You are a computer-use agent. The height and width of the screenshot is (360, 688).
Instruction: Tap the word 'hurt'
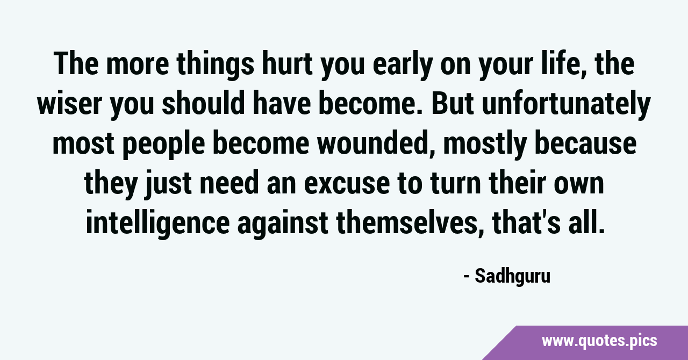click(x=287, y=63)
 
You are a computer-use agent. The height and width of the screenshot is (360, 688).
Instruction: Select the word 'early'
click(x=403, y=65)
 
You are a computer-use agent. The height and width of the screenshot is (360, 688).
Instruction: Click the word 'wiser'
click(x=69, y=104)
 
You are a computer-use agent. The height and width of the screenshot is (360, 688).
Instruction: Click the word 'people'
click(x=164, y=145)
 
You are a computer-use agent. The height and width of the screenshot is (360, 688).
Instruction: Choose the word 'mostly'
click(x=485, y=145)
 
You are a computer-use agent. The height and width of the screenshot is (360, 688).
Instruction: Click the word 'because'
click(x=586, y=143)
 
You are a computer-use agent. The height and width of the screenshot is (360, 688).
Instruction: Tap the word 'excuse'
click(x=347, y=184)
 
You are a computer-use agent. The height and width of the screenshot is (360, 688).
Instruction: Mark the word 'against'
click(x=283, y=224)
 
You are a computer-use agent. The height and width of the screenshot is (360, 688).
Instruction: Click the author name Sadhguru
click(x=512, y=277)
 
